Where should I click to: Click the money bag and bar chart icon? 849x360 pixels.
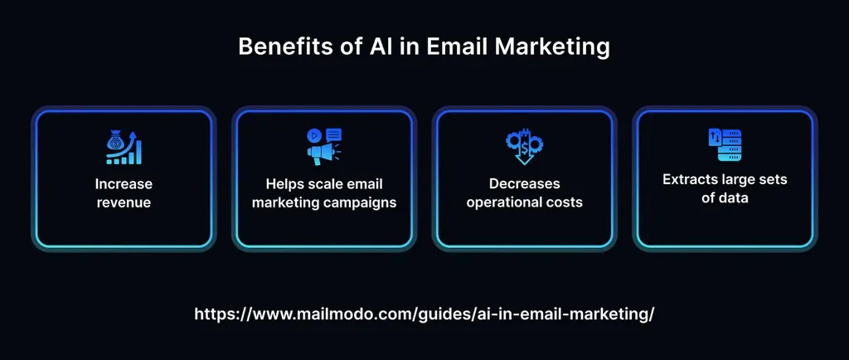(x=123, y=147)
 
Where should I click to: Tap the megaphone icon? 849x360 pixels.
(x=323, y=147)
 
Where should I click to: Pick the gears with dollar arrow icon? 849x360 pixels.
(x=524, y=147)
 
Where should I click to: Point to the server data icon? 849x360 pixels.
(x=724, y=147)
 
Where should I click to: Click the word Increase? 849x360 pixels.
(x=123, y=183)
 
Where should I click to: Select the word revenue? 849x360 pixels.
(x=123, y=202)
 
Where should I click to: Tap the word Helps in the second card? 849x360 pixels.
(x=287, y=183)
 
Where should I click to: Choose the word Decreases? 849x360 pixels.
(x=524, y=183)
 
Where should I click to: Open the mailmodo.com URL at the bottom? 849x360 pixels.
(x=424, y=314)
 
